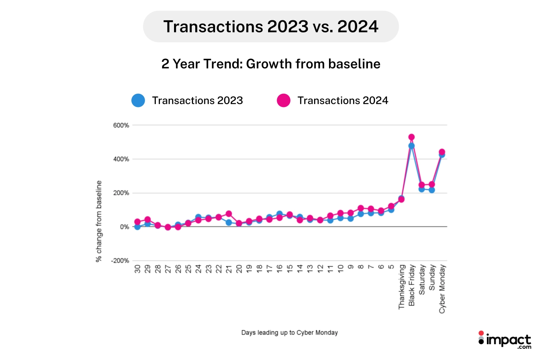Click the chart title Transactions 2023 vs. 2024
pyautogui.click(x=271, y=27)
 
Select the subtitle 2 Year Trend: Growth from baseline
pyautogui.click(x=271, y=64)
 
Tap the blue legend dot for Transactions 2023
pyautogui.click(x=138, y=100)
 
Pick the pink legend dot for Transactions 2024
pyautogui.click(x=283, y=100)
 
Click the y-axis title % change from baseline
pyautogui.click(x=99, y=221)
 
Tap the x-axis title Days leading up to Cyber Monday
pyautogui.click(x=289, y=333)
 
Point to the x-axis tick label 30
pyautogui.click(x=137, y=270)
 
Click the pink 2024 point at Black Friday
pyautogui.click(x=411, y=137)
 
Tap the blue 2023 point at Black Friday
pyautogui.click(x=411, y=146)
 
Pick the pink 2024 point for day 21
pyautogui.click(x=229, y=214)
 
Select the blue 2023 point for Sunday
pyautogui.click(x=432, y=190)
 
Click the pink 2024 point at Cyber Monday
pyautogui.click(x=442, y=152)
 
